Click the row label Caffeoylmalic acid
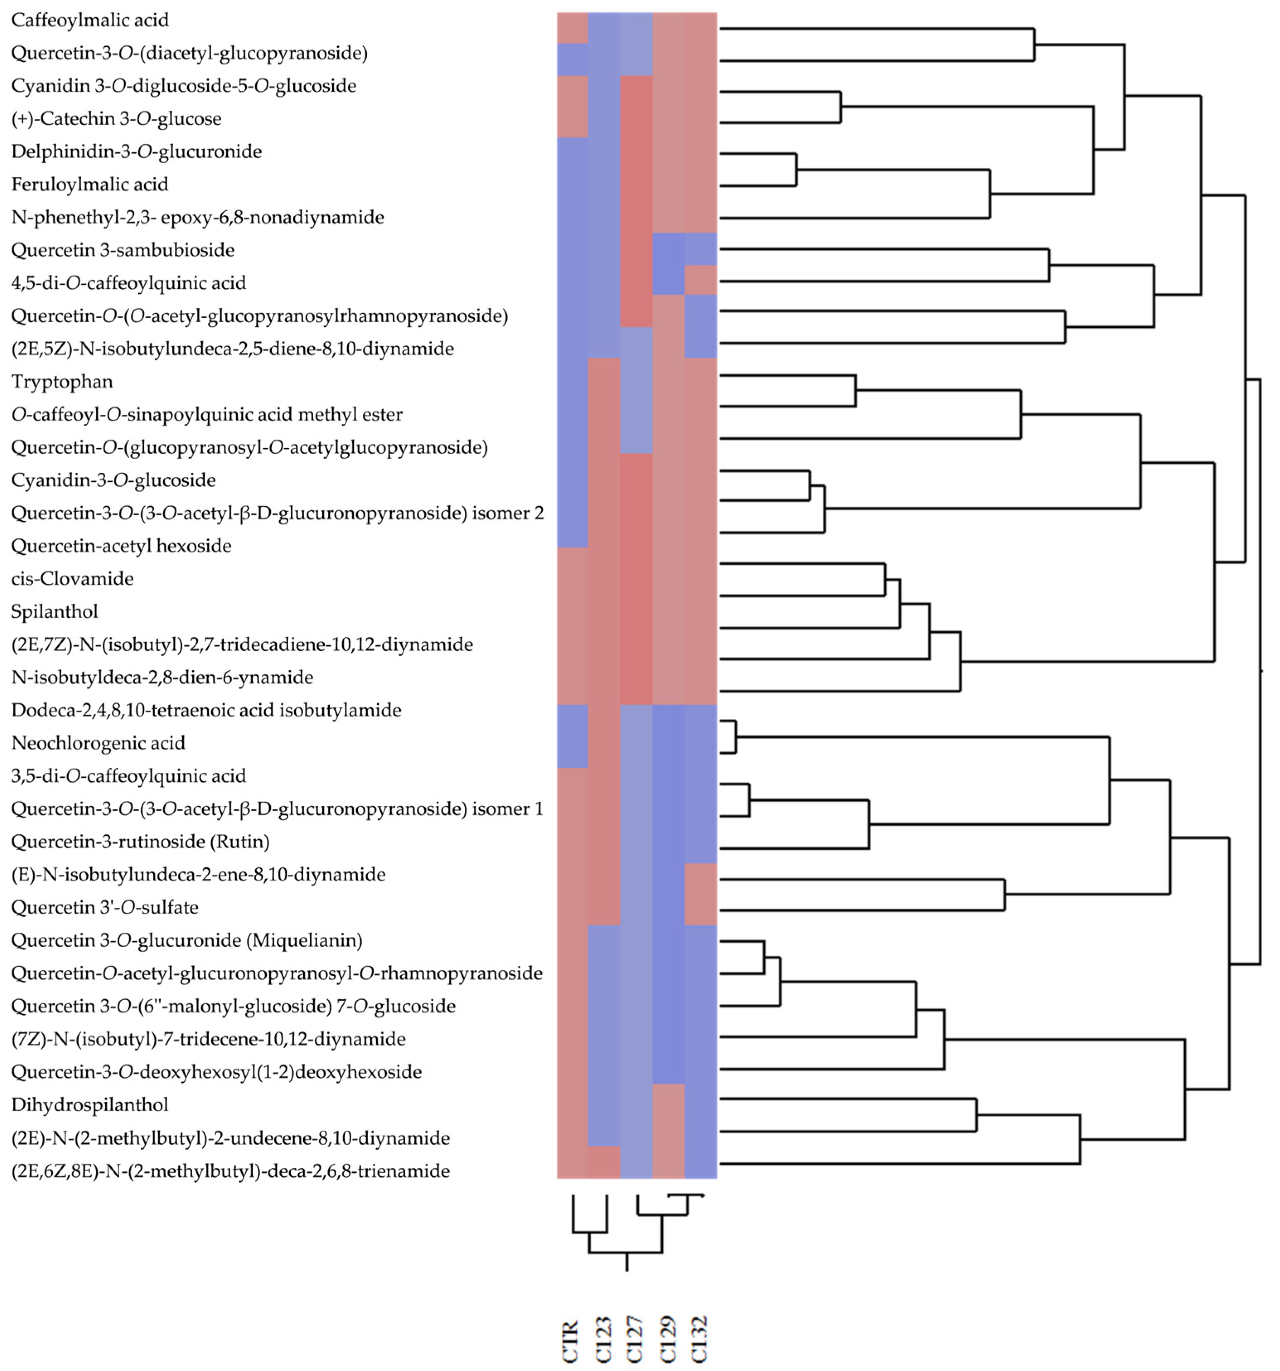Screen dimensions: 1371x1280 (89, 20)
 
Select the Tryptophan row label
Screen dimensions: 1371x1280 (62, 381)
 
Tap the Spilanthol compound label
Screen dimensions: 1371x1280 (55, 612)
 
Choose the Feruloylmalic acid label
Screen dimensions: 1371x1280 (89, 184)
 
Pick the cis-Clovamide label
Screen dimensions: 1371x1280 (72, 579)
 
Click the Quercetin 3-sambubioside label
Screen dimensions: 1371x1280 (123, 250)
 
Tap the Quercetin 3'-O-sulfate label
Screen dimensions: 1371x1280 (105, 907)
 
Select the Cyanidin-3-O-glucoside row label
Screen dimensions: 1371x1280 (114, 480)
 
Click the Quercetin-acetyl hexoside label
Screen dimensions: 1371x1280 (121, 546)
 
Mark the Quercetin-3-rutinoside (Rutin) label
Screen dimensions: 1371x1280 (140, 841)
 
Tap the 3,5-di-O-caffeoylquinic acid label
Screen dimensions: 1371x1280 (128, 776)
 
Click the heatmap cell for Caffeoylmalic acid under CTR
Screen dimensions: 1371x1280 (572, 28)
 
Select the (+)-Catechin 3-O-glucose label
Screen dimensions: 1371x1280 (116, 118)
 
